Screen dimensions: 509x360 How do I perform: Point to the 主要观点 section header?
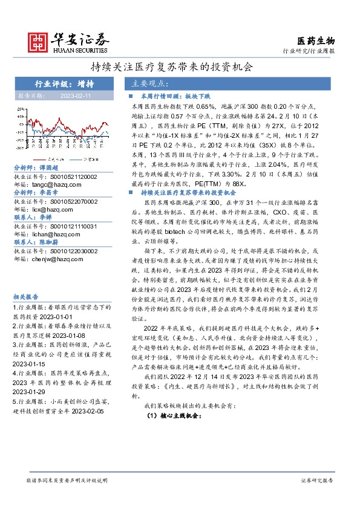pyautogui.click(x=149, y=83)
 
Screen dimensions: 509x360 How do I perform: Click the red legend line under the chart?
pyautogui.click(x=37, y=160)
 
